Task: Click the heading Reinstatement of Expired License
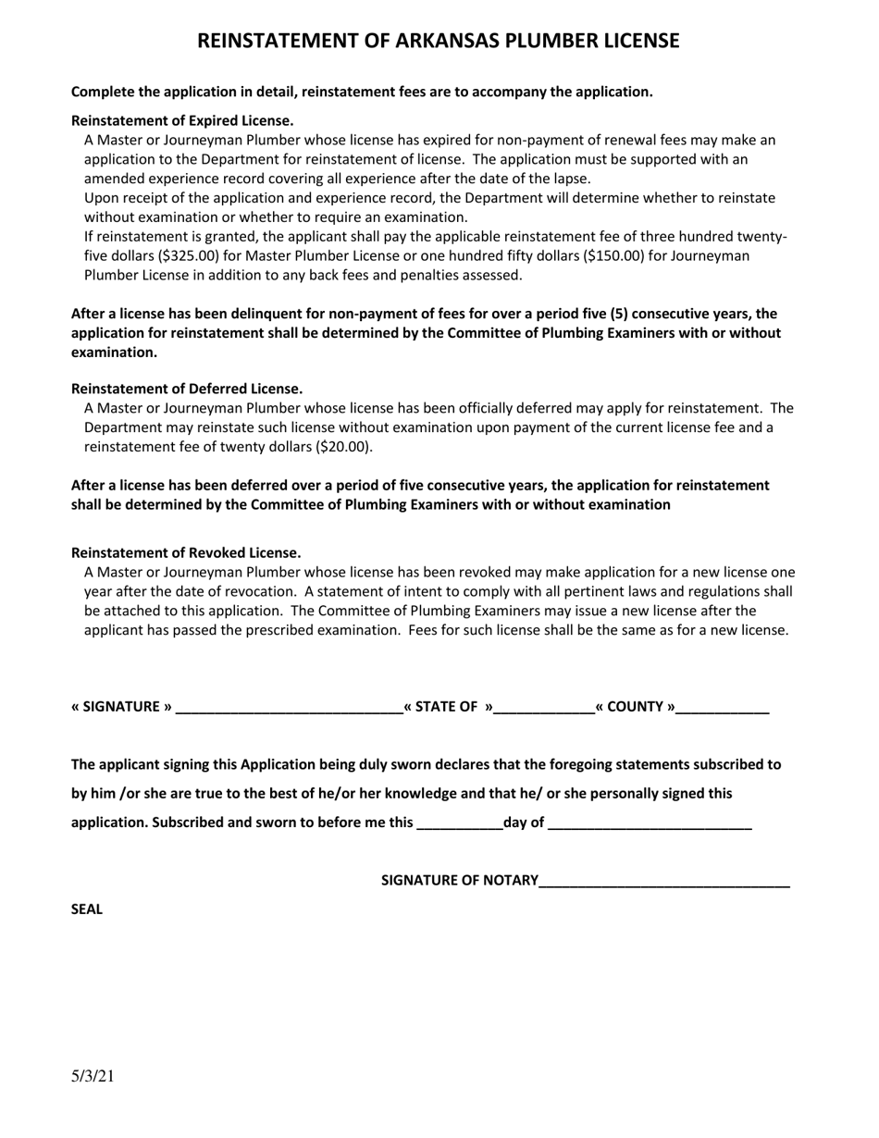point(182,120)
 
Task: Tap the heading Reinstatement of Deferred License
point(187,389)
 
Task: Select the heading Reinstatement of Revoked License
point(186,552)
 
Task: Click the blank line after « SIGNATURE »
point(289,709)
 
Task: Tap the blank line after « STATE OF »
point(544,709)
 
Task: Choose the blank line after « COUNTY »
point(723,709)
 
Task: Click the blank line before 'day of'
point(460,824)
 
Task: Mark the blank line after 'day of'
point(650,824)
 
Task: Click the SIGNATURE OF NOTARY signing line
point(663,882)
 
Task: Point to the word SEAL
point(87,909)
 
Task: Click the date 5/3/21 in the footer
point(93,1076)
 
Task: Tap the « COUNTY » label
point(635,707)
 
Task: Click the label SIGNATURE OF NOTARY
point(460,880)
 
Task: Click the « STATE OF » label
point(448,707)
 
